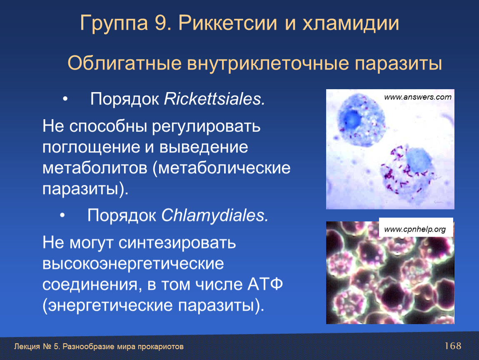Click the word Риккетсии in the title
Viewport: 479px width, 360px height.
(x=228, y=23)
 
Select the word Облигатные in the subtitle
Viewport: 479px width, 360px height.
(x=125, y=64)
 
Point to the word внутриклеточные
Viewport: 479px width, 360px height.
(x=267, y=64)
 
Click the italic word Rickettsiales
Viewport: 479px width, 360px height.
(x=215, y=99)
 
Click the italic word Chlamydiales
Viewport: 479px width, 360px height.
(x=215, y=215)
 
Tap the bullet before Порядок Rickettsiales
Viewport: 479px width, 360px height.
(x=65, y=99)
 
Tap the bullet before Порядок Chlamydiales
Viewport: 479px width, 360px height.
(x=62, y=215)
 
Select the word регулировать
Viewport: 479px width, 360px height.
(x=206, y=127)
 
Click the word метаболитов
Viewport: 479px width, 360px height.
(x=95, y=168)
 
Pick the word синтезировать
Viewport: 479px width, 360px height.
(x=177, y=243)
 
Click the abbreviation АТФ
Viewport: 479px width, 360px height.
(x=265, y=285)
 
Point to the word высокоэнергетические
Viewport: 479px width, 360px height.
(x=133, y=264)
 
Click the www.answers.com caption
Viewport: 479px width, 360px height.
(x=418, y=97)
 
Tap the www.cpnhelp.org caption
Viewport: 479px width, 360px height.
(x=415, y=229)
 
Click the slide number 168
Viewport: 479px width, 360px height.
(x=453, y=346)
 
